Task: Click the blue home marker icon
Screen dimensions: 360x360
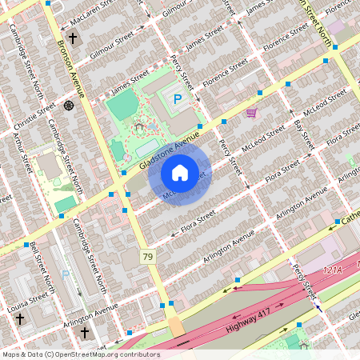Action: (x=180, y=172)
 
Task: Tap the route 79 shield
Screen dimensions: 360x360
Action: (x=147, y=256)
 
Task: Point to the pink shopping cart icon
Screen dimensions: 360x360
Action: (x=251, y=113)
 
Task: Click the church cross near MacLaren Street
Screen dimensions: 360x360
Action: (x=72, y=38)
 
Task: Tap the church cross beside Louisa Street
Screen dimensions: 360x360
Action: (x=19, y=318)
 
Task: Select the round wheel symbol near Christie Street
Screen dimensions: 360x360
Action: (x=69, y=105)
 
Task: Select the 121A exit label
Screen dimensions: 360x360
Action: (x=332, y=272)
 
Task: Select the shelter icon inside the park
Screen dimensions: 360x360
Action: (x=139, y=126)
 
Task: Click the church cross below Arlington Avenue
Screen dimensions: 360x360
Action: (x=83, y=331)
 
